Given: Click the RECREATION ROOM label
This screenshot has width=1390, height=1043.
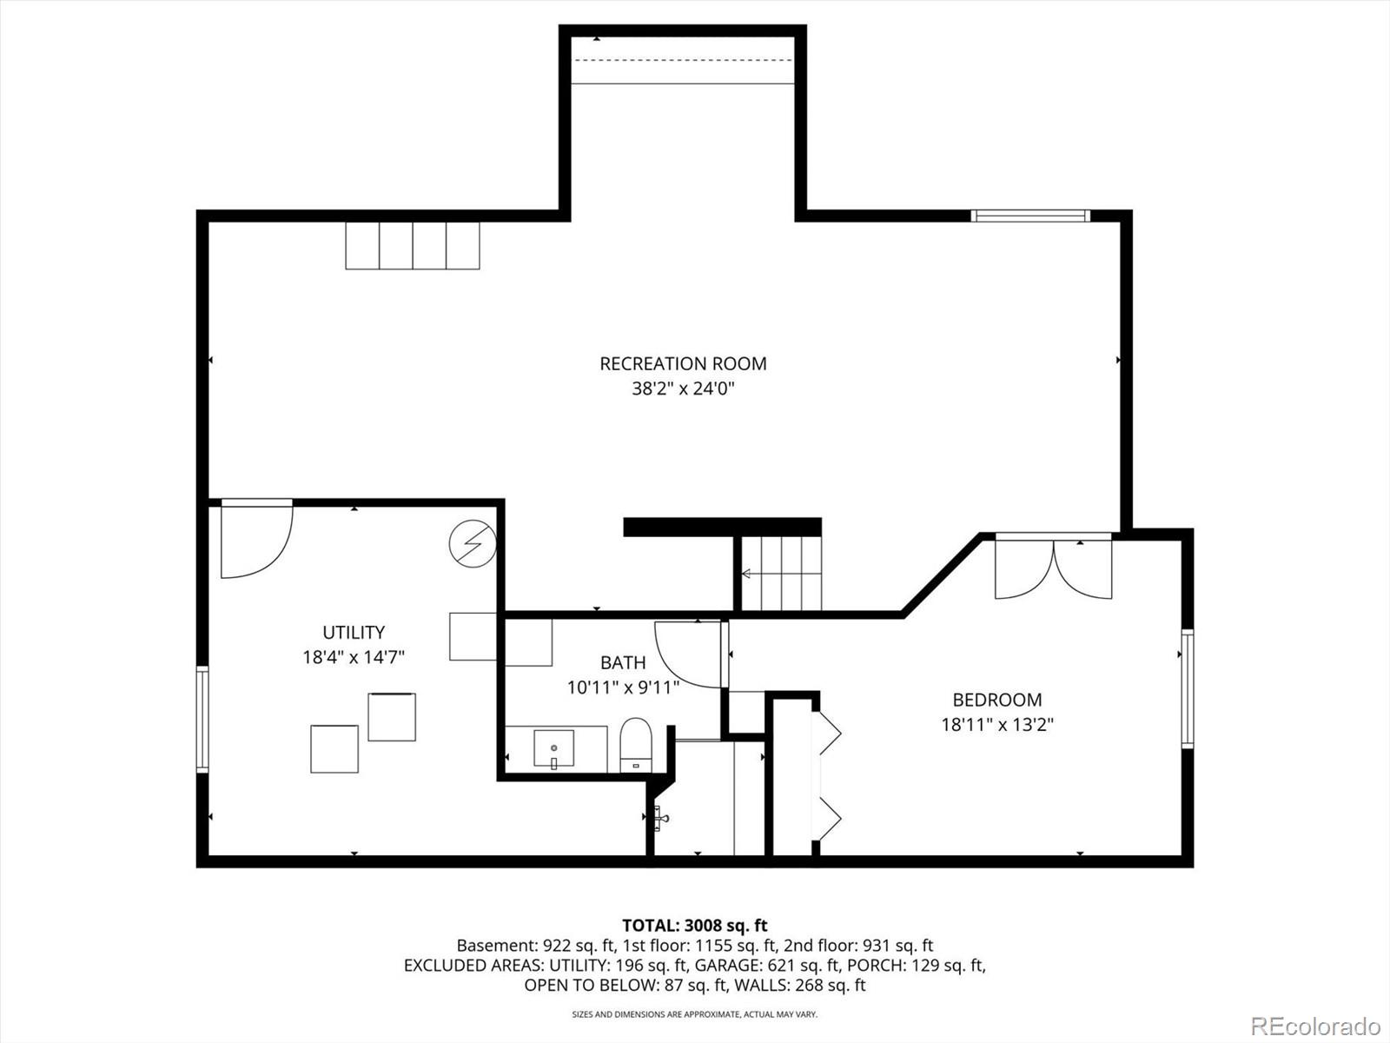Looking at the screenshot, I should [x=683, y=363].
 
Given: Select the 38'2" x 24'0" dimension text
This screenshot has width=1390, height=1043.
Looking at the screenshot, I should [x=683, y=389].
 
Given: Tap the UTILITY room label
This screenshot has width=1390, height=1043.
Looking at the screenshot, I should [x=354, y=632].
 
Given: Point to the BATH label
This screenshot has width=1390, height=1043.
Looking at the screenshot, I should [x=623, y=663].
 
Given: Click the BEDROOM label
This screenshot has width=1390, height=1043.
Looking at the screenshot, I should [x=996, y=700].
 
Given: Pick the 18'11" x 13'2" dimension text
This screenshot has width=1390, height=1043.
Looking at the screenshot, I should [x=996, y=724].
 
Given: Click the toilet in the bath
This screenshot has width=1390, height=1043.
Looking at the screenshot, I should [x=636, y=745].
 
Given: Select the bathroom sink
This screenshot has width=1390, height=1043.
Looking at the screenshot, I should [x=553, y=749].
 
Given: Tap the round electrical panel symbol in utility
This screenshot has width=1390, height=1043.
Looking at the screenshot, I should [x=472, y=545].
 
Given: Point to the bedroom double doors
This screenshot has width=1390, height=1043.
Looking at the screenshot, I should [x=1053, y=569].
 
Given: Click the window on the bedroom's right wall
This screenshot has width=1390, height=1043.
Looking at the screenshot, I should [x=1187, y=688].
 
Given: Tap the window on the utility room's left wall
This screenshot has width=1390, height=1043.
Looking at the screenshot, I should [x=202, y=719].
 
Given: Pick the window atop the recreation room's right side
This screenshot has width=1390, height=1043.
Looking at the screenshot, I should [x=1029, y=216].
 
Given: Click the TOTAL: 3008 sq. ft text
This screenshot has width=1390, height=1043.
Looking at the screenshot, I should [x=694, y=926].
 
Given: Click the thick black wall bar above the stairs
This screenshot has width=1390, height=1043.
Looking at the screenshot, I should [x=722, y=527].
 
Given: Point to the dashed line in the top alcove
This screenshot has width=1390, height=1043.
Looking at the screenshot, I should [x=683, y=60].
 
